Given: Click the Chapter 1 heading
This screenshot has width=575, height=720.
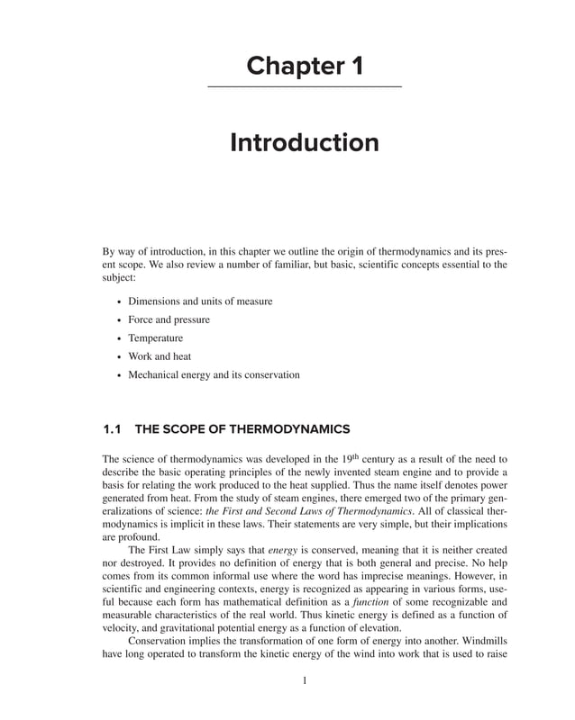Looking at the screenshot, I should pos(305,66).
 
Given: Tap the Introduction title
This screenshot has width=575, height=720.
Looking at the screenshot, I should pos(305,143).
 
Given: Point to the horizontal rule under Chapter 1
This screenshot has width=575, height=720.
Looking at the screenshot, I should pos(305,86).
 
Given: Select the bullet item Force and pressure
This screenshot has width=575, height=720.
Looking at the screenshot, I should pos(169,319).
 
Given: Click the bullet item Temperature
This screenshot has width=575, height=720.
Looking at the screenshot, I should pos(155,338).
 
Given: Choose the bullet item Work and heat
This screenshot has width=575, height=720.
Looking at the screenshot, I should pos(160,356).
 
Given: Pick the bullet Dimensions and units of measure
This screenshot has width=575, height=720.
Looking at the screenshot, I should pos(200,301).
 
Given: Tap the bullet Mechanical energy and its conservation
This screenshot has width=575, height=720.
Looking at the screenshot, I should pos(214,374).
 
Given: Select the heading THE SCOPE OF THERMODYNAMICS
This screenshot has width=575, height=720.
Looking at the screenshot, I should pos(242,428).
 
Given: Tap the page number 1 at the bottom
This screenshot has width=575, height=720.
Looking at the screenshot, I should pos(305,681).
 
